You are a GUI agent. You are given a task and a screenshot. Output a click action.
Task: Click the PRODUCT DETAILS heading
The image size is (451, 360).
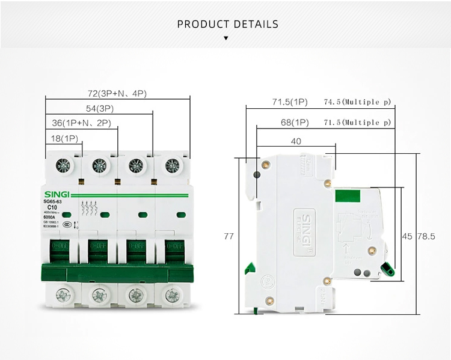pos(228,24)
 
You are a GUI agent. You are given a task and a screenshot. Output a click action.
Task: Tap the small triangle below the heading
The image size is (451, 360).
pos(226,38)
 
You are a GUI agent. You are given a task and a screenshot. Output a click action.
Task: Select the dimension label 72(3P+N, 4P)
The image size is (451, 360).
pos(117,93)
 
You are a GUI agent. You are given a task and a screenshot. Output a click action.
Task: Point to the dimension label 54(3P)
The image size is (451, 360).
pos(100,108)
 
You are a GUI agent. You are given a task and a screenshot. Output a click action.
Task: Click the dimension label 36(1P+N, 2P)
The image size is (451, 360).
pos(81,123)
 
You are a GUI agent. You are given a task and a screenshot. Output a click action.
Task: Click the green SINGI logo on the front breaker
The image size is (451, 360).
pos(57,194)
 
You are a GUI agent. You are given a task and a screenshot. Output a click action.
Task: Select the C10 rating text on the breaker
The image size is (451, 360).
pos(52,207)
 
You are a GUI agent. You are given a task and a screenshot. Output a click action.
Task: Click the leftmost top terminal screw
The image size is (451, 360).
pos(63,165)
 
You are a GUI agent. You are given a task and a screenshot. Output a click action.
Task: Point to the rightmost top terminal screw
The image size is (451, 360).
pos(173,165)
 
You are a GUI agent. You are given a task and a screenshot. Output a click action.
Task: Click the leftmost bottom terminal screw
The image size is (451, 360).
pos(63,294)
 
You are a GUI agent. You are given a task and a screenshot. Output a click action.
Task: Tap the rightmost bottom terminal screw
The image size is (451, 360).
pos(173,294)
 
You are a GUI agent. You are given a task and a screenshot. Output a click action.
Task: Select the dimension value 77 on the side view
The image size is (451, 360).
pos(229,236)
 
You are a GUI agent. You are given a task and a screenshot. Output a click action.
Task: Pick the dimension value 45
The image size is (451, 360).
pos(407,236)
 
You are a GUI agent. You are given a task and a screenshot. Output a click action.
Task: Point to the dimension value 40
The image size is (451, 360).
pos(295,142)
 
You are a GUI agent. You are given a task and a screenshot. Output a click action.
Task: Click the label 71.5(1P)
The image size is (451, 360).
pos(290,102)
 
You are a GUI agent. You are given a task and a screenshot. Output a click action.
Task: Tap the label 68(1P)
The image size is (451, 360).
pos(295,123)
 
